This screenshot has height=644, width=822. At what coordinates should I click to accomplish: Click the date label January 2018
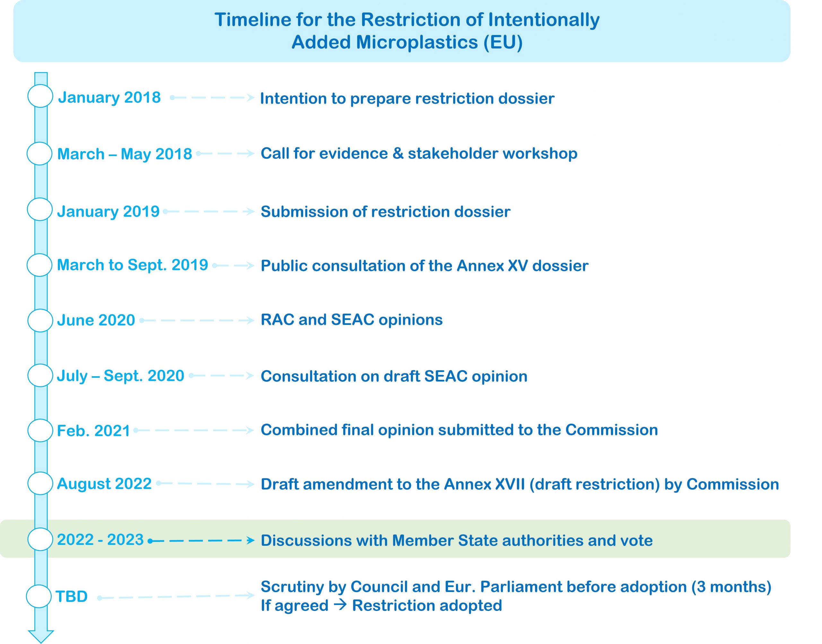pos(109,97)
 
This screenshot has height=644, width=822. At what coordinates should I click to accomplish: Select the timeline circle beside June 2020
pos(40,320)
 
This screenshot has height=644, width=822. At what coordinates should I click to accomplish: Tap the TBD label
pos(72,596)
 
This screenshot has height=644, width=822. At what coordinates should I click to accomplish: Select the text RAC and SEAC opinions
pos(351,320)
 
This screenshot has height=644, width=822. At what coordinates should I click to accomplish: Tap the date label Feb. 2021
pos(93,431)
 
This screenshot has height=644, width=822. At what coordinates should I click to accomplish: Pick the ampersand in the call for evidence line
pos(398,153)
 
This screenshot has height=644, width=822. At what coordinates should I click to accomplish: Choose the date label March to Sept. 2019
pos(132,265)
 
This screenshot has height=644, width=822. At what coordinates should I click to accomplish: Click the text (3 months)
pos(731,587)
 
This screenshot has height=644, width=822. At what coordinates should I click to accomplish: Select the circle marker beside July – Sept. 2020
pos(40,375)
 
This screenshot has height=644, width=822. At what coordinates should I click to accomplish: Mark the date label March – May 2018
pos(125,154)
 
